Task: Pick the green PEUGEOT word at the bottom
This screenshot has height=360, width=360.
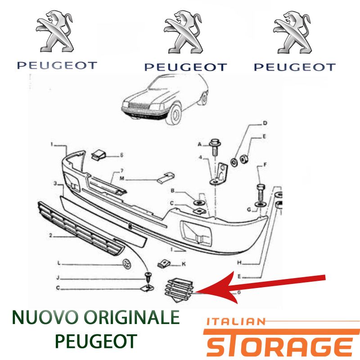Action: (x=96, y=342)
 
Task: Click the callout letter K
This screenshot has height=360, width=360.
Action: (x=184, y=264)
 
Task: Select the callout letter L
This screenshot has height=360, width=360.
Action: (x=59, y=263)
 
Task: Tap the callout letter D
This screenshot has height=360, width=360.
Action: (x=265, y=123)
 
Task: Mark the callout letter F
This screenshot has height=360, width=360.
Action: (x=265, y=165)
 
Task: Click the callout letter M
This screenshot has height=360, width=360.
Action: (x=122, y=179)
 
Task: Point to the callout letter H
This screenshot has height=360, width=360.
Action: (x=239, y=263)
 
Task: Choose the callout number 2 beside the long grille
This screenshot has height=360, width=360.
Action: (x=51, y=235)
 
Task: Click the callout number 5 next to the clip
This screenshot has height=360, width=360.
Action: (x=121, y=155)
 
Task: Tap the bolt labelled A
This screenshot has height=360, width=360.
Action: (x=215, y=147)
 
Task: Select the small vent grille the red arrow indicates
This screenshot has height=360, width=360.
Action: (x=180, y=290)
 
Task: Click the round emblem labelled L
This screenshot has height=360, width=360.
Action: (x=126, y=264)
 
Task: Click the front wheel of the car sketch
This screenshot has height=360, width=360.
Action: (x=175, y=115)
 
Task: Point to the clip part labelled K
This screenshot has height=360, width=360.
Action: (x=164, y=264)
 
